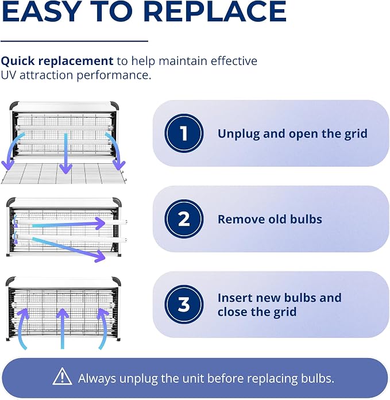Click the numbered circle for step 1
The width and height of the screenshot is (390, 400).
tap(184, 133)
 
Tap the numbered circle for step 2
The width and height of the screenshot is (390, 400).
tap(184, 219)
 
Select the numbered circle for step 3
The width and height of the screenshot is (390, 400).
tap(184, 305)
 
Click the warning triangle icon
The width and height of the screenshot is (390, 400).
tap(62, 376)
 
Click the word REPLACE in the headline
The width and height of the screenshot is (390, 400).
tap(215, 11)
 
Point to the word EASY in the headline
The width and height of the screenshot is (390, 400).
tap(41, 11)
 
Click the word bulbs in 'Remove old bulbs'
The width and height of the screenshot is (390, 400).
tap(306, 219)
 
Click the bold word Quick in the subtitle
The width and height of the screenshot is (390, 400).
tap(18, 61)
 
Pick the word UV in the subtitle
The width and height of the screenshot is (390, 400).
tap(9, 75)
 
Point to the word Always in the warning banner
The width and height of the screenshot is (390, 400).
tap(97, 379)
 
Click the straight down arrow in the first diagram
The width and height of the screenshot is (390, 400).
tap(65, 153)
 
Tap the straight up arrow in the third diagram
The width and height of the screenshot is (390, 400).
tap(63, 329)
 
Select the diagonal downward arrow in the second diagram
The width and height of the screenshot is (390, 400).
tap(69, 249)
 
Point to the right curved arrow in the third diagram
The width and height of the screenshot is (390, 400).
tap(103, 327)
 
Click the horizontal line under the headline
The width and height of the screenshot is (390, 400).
tap(75, 41)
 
